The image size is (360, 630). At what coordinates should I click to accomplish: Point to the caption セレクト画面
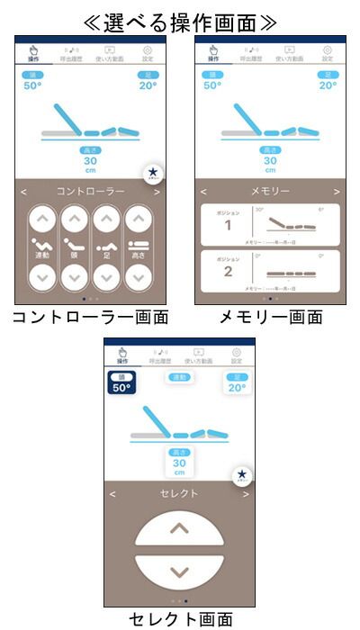180,618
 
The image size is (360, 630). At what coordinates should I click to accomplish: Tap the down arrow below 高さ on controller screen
137,277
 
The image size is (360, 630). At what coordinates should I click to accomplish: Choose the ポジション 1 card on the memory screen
270,225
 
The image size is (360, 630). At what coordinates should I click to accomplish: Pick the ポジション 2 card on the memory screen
270,270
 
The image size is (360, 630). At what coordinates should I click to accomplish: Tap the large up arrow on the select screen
179,530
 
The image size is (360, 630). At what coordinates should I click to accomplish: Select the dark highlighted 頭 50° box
121,383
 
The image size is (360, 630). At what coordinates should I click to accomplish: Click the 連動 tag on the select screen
179,379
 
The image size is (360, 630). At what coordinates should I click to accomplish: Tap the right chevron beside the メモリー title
336,192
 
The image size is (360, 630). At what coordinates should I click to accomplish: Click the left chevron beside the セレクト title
113,493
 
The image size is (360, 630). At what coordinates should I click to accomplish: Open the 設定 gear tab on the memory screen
327,54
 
